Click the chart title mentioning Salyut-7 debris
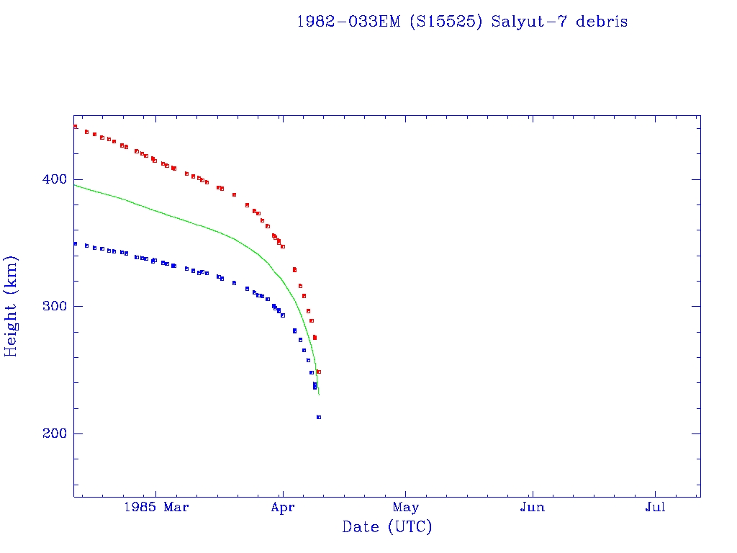pos(462,22)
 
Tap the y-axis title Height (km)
pos(12,306)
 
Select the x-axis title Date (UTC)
pos(387,527)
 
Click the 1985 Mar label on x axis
pos(156,508)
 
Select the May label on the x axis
pos(406,508)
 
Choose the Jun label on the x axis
pos(532,508)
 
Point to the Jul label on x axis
pos(655,508)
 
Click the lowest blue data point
pos(318,417)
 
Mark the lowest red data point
pos(318,372)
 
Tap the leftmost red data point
pos(75,127)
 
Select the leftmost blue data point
pos(75,243)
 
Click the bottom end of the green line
pos(319,395)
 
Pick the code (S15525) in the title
pos(446,22)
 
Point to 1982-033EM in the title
pos(349,22)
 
